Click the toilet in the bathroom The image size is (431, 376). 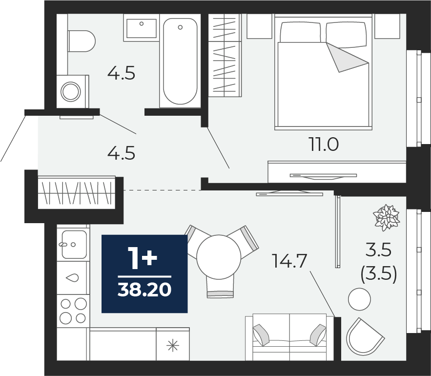tap(82, 41)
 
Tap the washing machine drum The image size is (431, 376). tap(71, 91)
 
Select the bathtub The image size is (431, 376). tap(180, 61)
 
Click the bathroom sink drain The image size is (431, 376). tap(141, 23)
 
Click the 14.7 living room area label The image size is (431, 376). tap(289, 261)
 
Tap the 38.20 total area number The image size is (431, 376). tap(144, 290)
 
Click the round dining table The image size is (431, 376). tap(219, 257)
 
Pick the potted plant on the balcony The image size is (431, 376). tap(386, 217)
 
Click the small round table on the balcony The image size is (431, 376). tap(359, 299)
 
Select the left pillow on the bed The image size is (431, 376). tap(301, 32)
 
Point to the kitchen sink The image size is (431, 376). tap(74, 244)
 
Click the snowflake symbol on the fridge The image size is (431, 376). tap(173, 345)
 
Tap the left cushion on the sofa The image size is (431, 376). tap(261, 335)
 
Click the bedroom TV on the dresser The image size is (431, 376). tap(323, 176)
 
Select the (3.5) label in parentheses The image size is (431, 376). tap(379, 275)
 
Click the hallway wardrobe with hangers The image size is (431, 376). tap(77, 192)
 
